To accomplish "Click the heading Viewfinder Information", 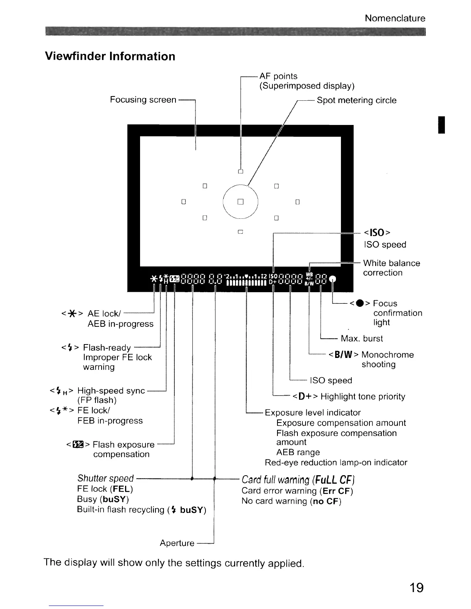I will (x=110, y=57).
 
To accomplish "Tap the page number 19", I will (x=416, y=587).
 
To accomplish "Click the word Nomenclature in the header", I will (x=395, y=18).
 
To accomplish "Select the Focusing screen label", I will (x=143, y=100).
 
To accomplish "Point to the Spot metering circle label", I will (x=356, y=100).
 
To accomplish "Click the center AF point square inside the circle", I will (x=241, y=201).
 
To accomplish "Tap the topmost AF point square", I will (x=241, y=171).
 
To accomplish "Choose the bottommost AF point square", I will (x=241, y=232).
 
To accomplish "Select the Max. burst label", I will (x=362, y=339).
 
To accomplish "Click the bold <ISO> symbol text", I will (x=377, y=233).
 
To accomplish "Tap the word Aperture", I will (x=177, y=543).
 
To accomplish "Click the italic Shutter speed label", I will (x=105, y=478).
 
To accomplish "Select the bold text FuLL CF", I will (x=334, y=480).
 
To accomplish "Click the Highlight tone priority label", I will (x=362, y=396).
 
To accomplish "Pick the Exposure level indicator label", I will (x=312, y=413).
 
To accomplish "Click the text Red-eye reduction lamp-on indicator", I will (x=336, y=463).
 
